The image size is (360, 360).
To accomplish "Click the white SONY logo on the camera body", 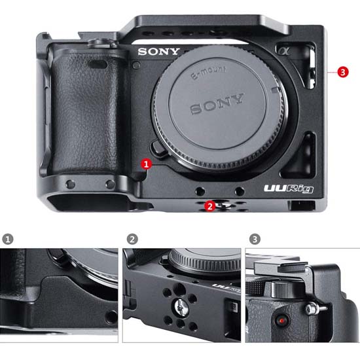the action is coord(158,52).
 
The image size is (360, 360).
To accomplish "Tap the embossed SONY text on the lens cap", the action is coord(217,104).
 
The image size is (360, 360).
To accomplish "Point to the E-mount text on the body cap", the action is coord(208,72).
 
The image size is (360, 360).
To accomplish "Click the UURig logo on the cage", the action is coord(289,189).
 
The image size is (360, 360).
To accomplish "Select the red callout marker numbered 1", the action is coord(146,164).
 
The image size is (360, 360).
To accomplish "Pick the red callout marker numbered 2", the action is coord(210,206).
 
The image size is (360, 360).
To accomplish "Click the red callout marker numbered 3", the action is coord(343,72).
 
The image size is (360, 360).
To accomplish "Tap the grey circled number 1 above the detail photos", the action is coord(8,239).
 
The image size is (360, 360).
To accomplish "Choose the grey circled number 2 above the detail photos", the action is coord(132,239).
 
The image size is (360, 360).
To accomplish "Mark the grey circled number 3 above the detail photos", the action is coord(255,239).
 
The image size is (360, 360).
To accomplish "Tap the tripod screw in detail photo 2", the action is coord(181,307).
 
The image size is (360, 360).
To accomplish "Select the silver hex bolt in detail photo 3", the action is coord(312,308).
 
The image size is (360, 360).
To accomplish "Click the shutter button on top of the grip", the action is coord(100,43).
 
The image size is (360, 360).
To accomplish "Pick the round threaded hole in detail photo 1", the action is coord(111,317).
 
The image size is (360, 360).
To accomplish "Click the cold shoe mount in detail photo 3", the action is coord(281,268).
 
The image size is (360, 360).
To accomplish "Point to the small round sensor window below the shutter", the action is coord(136,65).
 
